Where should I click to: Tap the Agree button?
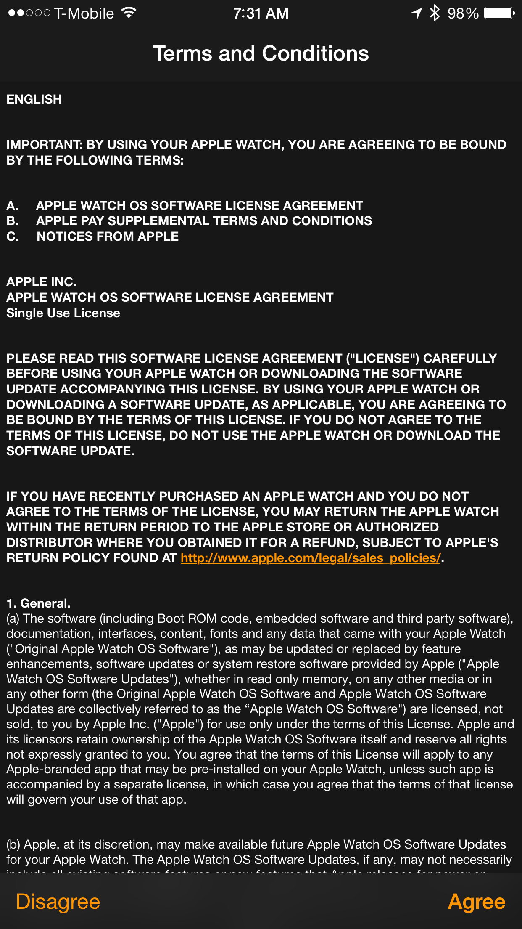477,902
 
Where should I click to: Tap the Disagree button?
58,902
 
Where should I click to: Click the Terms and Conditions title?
261,54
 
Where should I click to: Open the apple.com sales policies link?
311,558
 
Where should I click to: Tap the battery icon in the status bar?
499,13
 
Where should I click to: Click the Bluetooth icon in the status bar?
435,13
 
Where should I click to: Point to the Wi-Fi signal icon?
129,13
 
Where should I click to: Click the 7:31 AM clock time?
261,13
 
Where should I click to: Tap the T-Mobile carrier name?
84,13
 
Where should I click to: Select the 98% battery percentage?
463,13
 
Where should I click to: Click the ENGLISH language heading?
34,99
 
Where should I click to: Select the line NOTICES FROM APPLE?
108,236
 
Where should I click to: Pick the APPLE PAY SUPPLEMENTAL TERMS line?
204,221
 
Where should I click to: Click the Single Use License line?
63,313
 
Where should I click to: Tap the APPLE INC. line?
41,282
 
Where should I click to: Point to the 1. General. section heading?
38,603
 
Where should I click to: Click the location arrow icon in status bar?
417,13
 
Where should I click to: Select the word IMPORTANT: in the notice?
44,145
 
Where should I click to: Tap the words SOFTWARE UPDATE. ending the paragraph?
70,451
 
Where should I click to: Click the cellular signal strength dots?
29,13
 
